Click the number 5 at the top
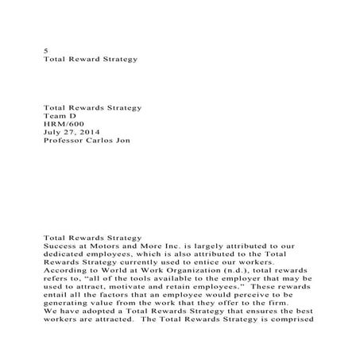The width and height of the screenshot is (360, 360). coord(45,50)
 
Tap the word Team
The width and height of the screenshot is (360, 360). coord(52,115)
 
